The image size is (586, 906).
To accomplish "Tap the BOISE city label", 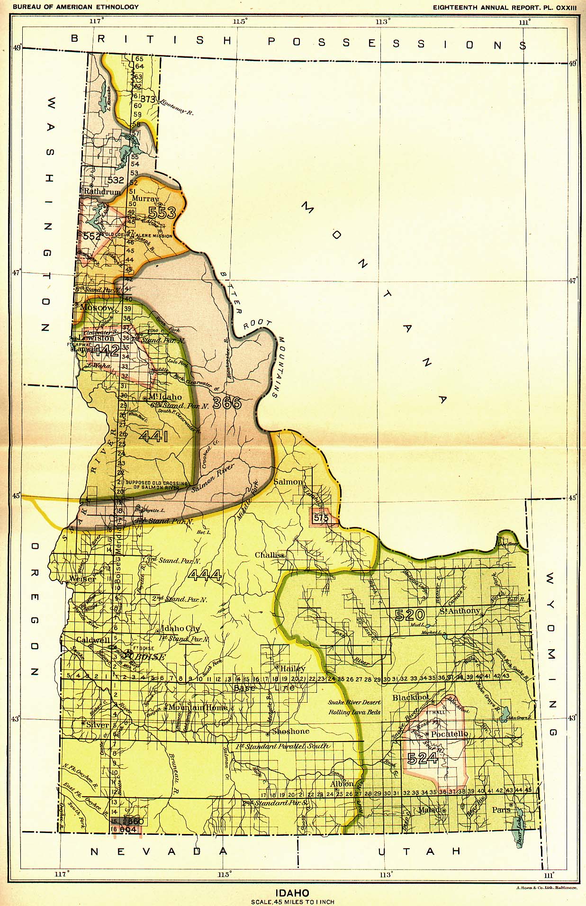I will point(151,657).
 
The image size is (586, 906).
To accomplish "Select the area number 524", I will point(422,759).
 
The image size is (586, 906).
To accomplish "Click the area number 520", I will point(409,615).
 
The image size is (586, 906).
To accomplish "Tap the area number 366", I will point(227,403).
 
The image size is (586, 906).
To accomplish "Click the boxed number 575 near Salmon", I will point(321,518).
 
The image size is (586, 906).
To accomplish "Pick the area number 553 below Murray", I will point(162,213).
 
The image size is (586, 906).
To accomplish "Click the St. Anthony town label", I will point(460,611).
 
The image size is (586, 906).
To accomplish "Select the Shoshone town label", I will point(290,731).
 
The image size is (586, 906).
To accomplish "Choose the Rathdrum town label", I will point(102,191).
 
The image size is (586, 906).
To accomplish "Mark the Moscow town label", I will point(97,308).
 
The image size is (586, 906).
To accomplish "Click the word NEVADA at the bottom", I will point(159,852).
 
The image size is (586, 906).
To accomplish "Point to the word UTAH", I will point(419,852).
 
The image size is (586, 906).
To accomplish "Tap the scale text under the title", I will point(292,902).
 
